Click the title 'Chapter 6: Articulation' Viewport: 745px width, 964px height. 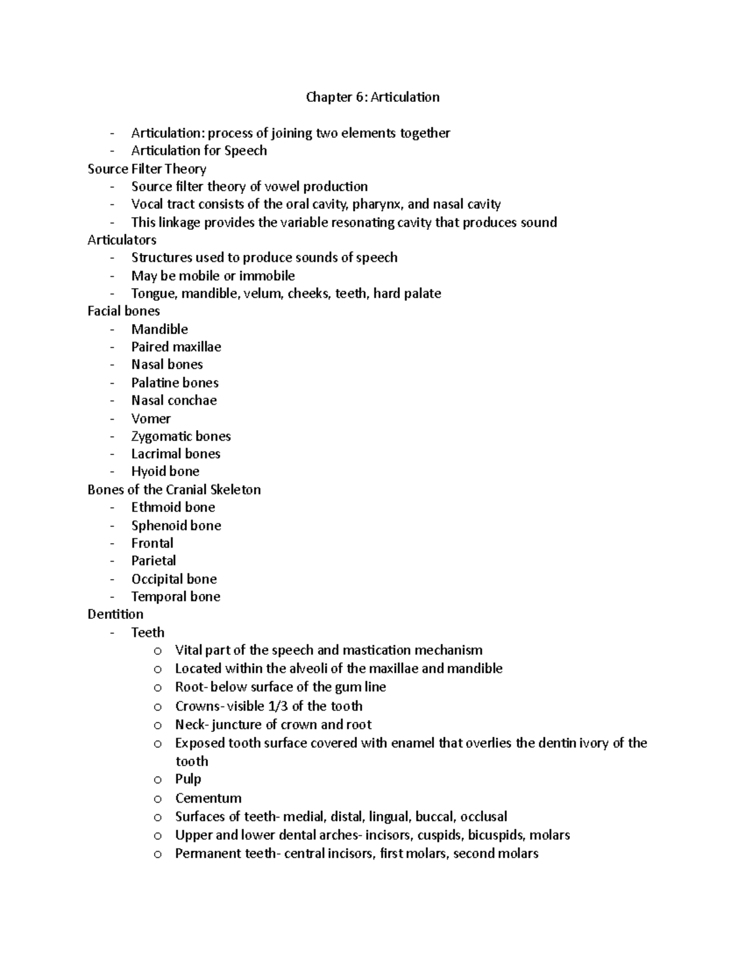372,97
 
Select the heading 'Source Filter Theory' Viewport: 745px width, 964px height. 147,169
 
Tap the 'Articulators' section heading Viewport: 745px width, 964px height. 122,240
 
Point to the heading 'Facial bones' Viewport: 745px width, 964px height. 124,311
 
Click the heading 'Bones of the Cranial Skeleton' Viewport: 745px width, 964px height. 174,490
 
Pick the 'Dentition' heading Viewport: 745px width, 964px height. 115,614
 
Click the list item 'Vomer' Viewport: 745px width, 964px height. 151,418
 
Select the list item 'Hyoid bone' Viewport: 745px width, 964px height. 165,472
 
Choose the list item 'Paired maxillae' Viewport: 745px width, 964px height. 176,347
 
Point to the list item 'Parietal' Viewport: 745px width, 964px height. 153,561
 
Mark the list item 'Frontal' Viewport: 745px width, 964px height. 152,544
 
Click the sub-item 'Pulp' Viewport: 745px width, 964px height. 188,779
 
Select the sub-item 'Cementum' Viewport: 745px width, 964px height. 208,798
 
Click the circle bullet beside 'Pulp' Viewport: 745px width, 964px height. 158,780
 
